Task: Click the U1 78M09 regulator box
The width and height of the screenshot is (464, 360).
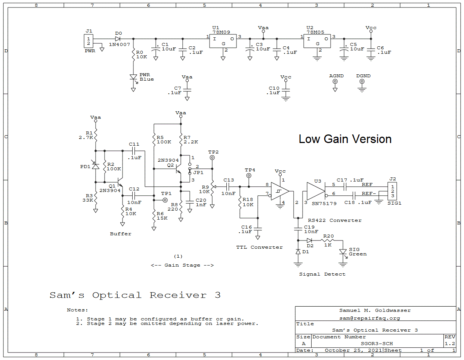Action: tap(223, 41)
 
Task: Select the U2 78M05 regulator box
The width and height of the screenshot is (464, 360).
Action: tap(317, 41)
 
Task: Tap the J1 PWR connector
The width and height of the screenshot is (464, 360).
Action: tap(89, 41)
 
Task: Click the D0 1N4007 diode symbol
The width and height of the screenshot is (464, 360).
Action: tap(118, 39)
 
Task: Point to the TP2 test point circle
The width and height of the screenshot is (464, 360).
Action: tap(212, 158)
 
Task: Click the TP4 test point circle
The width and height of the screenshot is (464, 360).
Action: tap(249, 176)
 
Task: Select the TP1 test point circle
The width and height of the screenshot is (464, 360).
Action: tap(165, 200)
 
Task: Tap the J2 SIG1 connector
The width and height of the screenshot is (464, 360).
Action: tap(392, 191)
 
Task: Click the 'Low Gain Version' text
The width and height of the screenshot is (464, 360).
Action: tap(345, 139)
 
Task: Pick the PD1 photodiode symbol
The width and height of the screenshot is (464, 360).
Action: tap(96, 166)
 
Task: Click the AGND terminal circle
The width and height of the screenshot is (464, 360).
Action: tap(335, 81)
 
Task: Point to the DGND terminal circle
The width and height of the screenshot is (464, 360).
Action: tap(362, 81)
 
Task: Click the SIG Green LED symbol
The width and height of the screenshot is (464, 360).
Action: tap(343, 252)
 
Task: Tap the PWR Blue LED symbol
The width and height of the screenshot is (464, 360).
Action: tap(133, 77)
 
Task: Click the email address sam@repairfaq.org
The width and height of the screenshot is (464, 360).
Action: tap(369, 318)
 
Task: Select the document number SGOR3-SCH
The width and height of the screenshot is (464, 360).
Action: tap(377, 344)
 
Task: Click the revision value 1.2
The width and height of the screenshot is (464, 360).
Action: tap(450, 344)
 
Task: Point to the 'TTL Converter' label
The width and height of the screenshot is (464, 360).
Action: tap(259, 247)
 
